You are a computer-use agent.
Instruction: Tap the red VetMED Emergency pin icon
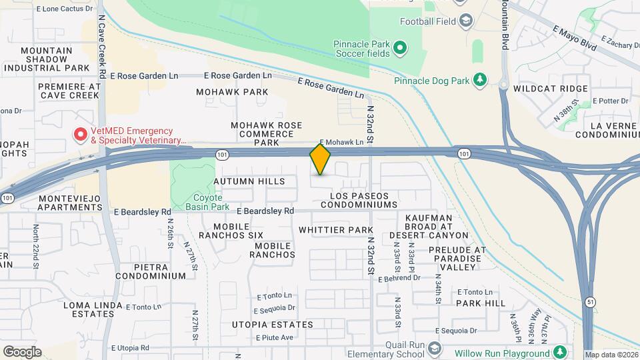pos(81,135)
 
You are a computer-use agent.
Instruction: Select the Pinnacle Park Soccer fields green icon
pos(399,47)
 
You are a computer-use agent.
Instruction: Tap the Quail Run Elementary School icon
pos(435,349)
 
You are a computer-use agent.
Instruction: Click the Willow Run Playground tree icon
pos(560,352)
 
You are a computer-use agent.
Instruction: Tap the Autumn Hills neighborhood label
pos(249,181)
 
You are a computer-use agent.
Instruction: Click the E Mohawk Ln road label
pos(341,142)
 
